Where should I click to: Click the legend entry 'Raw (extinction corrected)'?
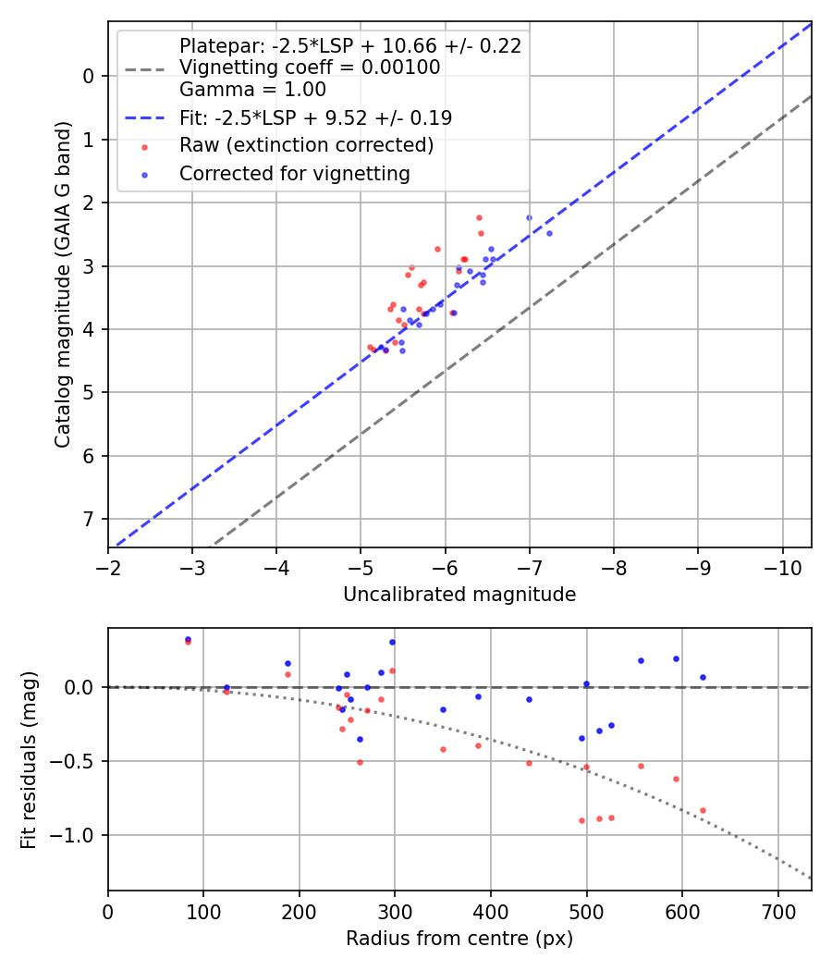point(306,146)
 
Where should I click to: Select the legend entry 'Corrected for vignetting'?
point(294,174)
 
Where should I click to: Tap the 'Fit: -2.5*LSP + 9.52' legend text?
point(315,118)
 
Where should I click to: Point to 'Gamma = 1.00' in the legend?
point(252,90)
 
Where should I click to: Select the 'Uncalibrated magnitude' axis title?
point(459,595)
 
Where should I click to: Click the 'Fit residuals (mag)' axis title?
point(29,759)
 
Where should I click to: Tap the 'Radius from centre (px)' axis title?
point(459,939)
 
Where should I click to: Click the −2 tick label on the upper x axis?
point(108,566)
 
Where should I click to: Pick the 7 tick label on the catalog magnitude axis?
point(90,519)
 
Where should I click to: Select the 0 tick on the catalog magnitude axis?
point(90,76)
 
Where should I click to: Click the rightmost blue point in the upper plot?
point(549,233)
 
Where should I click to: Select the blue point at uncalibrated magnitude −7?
point(529,217)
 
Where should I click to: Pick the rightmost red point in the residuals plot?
point(703,810)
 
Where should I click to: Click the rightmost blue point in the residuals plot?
point(703,677)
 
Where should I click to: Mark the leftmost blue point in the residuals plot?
point(188,639)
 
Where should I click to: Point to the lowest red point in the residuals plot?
point(581,820)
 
